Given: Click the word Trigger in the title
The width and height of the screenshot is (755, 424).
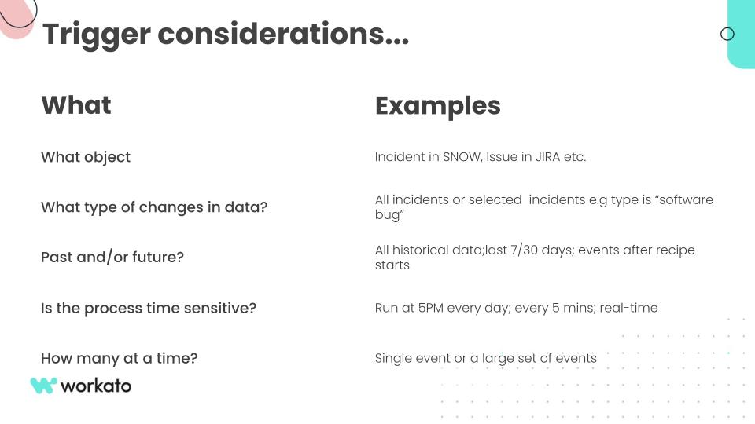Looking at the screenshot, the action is [96, 35].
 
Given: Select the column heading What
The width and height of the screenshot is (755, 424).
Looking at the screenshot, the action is [76, 104].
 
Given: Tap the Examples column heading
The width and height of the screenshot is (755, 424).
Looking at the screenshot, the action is [438, 106].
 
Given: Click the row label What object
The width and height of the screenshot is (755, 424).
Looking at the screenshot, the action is [86, 157].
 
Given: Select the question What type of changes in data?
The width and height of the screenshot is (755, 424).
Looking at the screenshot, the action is [154, 207].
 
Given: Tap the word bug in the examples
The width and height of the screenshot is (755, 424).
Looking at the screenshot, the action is [388, 215].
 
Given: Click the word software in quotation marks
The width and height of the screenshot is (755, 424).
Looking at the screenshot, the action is [686, 199].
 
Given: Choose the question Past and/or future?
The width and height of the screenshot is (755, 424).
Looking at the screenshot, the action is [112, 258].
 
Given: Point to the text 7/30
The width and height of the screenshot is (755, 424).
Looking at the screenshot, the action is [524, 250].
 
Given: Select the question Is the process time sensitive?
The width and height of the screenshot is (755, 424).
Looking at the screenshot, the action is [149, 308].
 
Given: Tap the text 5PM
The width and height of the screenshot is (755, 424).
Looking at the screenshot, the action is [430, 308].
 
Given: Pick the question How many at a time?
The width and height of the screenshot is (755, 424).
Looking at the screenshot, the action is [119, 358].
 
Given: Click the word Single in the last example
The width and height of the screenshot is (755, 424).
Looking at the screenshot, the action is [387, 359].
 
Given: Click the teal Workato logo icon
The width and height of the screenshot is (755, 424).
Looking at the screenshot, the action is [44, 386].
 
